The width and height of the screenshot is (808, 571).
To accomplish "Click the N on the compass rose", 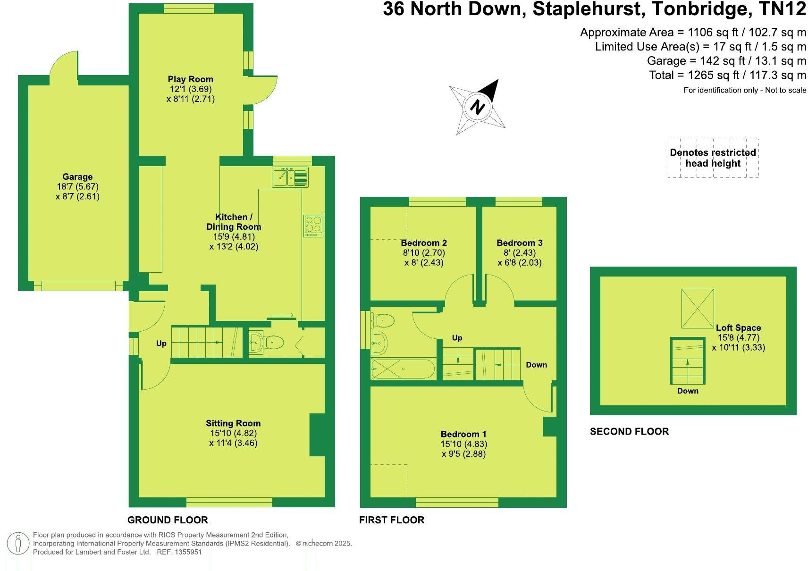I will coord(478,107).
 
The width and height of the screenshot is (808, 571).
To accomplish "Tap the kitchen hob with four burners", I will coord(313,226).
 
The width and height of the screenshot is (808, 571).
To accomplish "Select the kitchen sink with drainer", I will coord(290,176).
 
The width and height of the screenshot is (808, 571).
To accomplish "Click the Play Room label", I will coord(190,79).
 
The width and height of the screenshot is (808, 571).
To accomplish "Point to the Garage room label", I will coord(77,177).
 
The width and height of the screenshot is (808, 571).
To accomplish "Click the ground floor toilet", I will coord(274,342).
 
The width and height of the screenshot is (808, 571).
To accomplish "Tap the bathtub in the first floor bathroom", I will coord(402,369).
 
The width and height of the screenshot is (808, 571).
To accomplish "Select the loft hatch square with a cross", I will coord(698,309).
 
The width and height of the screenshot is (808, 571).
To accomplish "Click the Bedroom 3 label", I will coord(519,243).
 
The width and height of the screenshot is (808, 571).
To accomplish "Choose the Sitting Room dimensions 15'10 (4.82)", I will coord(233,433).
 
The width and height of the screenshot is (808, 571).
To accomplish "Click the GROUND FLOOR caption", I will coord(168,520).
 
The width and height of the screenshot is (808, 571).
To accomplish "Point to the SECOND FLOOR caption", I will coord(629,431).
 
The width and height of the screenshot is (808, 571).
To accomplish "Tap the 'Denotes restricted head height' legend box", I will coord(713,158).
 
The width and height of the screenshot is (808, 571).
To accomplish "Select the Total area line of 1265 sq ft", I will coord(727,75).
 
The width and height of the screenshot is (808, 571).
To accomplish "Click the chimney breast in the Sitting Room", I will coord(317,435).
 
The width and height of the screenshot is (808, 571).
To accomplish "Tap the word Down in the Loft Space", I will coord(688,391).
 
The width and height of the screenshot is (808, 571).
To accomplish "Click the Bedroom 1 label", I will coord(463,434).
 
